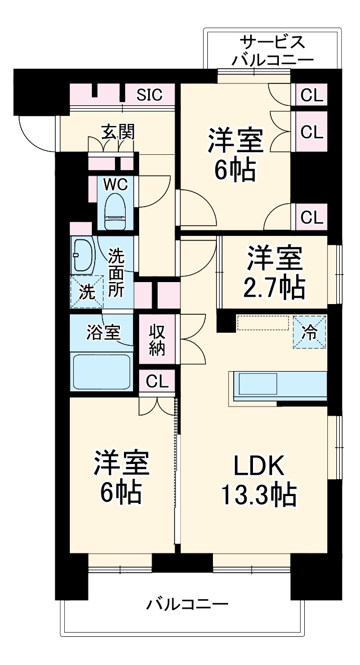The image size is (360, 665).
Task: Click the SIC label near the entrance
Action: click(149, 95)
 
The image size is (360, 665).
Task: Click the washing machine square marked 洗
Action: click(87, 292)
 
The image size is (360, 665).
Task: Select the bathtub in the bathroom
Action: click(101, 371)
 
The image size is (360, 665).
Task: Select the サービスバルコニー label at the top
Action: click(273, 51)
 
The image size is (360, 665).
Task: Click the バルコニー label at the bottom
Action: click(188, 605)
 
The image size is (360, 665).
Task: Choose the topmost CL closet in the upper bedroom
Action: click(312, 95)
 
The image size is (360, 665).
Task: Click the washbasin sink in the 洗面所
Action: click(83, 254)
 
